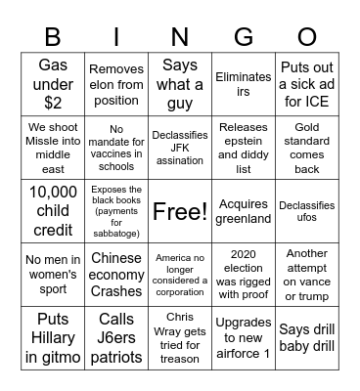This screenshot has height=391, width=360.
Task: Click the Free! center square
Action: pyautogui.click(x=180, y=211)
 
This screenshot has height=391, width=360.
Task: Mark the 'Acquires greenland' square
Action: pyautogui.click(x=243, y=211)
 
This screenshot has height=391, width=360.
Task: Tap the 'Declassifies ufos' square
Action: pyautogui.click(x=306, y=211)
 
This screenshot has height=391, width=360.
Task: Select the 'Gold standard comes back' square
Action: pyautogui.click(x=306, y=148)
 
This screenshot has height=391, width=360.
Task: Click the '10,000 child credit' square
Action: pyautogui.click(x=53, y=211)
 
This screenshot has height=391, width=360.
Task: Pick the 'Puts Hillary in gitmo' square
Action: pyautogui.click(x=53, y=338)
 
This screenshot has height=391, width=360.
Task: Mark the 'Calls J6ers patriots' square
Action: pyautogui.click(x=116, y=338)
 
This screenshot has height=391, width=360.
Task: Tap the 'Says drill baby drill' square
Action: pyautogui.click(x=306, y=338)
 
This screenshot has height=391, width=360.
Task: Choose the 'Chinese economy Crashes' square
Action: pyautogui.click(x=116, y=275)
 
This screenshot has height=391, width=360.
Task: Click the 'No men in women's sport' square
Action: pyautogui.click(x=53, y=275)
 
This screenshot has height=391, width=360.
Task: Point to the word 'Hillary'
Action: pyautogui.click(x=53, y=338)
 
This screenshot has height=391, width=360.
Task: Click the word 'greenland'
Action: pyautogui.click(x=243, y=220)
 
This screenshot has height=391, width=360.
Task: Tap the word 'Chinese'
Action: pyautogui.click(x=116, y=258)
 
